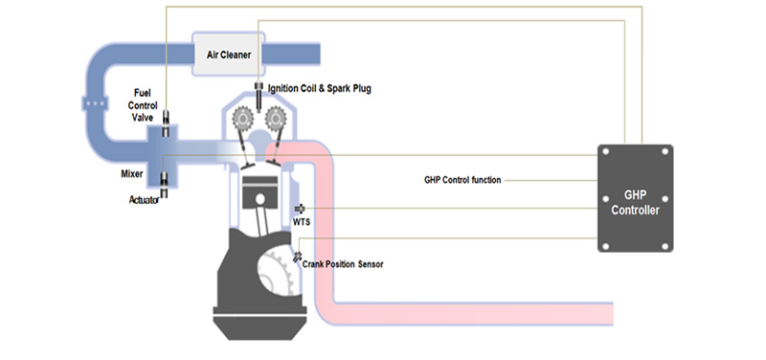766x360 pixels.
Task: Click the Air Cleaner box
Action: click(229, 54)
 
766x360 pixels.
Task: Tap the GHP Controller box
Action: click(635, 198)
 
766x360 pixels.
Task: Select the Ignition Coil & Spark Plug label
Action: click(320, 89)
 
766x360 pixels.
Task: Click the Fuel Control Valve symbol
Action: click(166, 124)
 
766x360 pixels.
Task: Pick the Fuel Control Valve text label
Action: click(146, 105)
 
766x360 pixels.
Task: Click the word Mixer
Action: click(132, 174)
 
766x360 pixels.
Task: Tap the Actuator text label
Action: click(145, 199)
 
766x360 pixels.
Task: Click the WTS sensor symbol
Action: click(300, 209)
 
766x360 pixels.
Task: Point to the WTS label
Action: click(302, 222)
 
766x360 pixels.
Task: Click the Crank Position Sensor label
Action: click(343, 264)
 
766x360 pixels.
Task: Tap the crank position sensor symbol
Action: click(297, 257)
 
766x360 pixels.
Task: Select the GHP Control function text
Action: click(462, 180)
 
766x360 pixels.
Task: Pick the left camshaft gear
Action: click(242, 118)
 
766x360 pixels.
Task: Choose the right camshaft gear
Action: click(276, 118)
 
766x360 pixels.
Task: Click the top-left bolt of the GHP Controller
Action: click(606, 152)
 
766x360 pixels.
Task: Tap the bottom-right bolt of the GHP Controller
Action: click(665, 246)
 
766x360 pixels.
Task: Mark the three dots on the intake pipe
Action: click(95, 104)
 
